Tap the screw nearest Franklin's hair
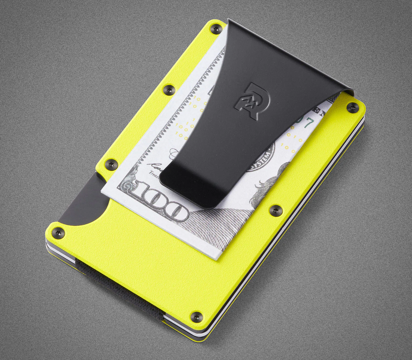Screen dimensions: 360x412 tap(275, 209)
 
